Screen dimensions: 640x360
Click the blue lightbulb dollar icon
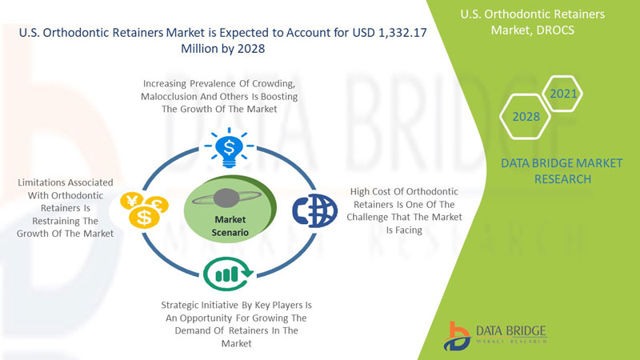coord(229,148)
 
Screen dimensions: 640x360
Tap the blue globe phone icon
coord(314,210)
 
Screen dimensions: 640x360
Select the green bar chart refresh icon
coord(228,274)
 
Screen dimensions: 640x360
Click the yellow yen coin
coord(131,201)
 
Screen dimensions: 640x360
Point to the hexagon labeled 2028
coord(526,117)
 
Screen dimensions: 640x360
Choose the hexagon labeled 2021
coord(563,94)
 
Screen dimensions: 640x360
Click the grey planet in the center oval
coord(226,198)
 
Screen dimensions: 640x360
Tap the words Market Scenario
coord(230,226)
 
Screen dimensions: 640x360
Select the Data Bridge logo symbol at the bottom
coord(457,336)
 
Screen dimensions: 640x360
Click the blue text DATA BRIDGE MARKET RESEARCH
coord(562,171)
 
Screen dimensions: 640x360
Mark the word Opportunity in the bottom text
coord(202,318)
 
